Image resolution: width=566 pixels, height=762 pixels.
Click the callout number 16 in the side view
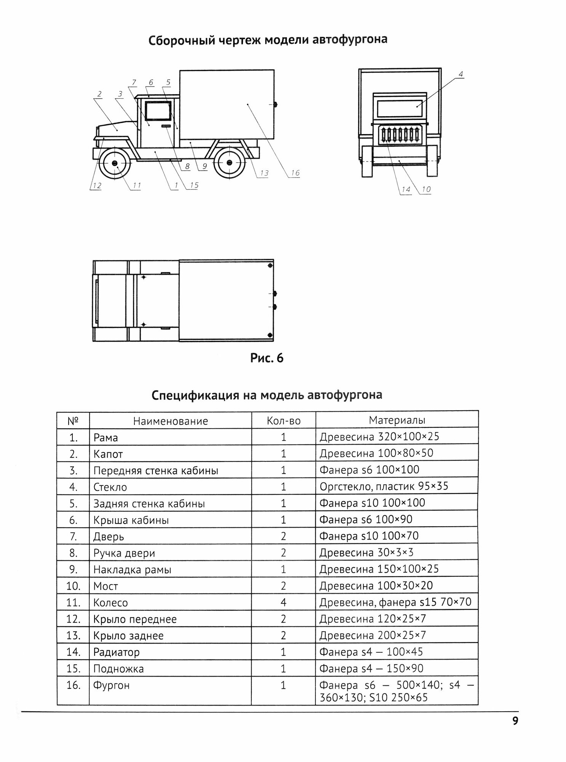(295, 173)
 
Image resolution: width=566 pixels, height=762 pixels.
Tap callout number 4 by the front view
(460, 74)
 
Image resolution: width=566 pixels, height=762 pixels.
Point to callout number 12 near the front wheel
(97, 186)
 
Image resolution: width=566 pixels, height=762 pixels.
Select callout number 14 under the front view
(406, 190)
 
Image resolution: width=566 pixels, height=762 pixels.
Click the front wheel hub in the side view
(115, 163)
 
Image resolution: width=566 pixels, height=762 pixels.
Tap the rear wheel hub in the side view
(229, 163)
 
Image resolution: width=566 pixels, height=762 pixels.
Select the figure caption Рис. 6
(267, 358)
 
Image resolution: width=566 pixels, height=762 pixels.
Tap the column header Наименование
(171, 421)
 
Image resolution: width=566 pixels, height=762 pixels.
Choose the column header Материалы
(397, 420)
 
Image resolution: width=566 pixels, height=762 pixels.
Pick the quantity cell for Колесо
(283, 602)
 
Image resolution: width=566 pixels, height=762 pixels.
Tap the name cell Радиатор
(117, 652)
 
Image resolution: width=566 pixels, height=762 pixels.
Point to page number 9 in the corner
(515, 721)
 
